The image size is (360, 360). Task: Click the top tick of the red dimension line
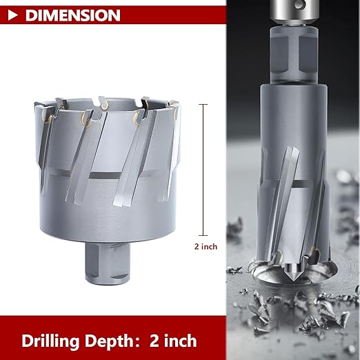click(203, 104)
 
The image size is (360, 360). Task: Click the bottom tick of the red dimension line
click(203, 234)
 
